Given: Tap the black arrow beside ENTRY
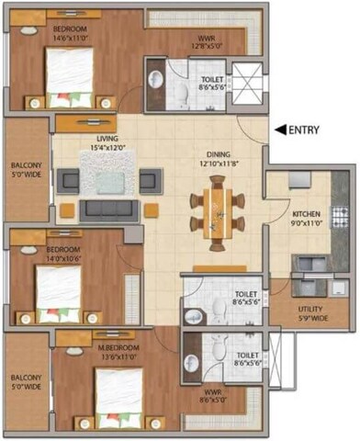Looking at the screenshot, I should coord(281,130).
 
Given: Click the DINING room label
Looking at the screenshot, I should coord(219,156).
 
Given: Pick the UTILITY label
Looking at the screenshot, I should coord(311,313).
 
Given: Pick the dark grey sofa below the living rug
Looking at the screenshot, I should coord(109,209).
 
